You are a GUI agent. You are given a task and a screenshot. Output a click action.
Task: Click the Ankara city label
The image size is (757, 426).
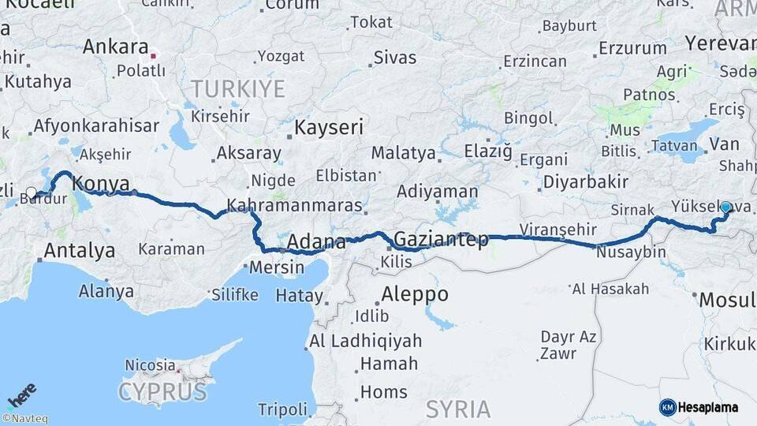115,46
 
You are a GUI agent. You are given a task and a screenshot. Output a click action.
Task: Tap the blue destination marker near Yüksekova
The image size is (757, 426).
725,207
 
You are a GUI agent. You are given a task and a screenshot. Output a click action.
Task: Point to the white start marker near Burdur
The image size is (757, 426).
32,192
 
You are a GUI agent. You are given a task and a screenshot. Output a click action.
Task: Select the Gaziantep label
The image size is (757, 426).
441,239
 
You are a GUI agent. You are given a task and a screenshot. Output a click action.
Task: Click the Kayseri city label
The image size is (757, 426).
329,127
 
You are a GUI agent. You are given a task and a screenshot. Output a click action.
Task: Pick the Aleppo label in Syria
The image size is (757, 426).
415,294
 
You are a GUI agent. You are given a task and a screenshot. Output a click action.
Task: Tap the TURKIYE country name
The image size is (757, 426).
237,88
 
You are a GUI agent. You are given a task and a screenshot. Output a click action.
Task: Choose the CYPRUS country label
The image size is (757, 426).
163,391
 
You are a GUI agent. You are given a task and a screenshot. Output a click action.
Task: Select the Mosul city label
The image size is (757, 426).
726,300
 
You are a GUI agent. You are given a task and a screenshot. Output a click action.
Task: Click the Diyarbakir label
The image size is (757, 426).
585,182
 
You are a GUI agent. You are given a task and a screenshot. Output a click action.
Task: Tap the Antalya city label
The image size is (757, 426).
80,252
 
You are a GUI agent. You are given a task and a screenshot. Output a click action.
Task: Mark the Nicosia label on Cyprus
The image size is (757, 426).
151,365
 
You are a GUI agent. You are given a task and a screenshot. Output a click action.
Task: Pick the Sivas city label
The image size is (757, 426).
395,57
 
